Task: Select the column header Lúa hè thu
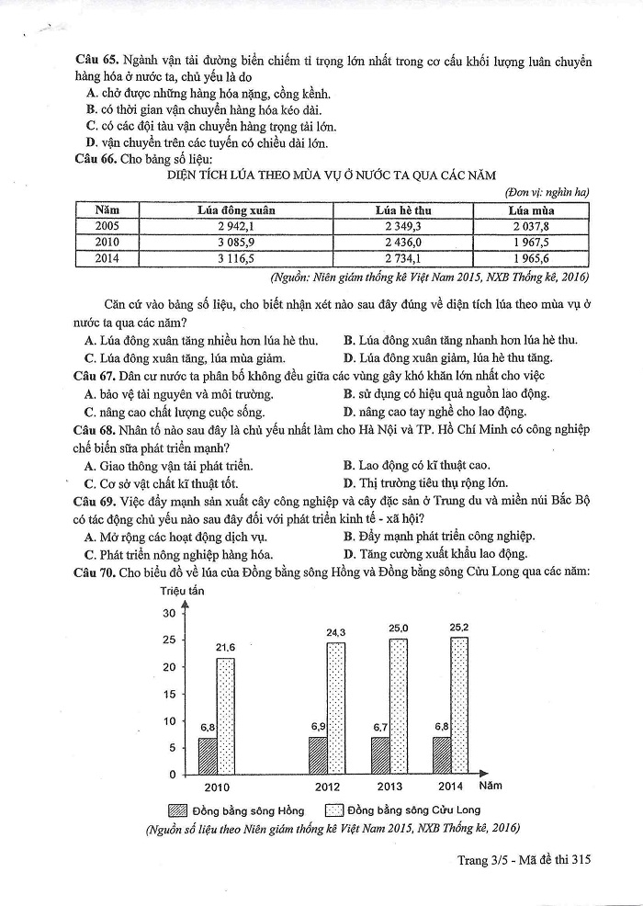(x=403, y=210)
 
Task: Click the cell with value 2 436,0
(x=403, y=242)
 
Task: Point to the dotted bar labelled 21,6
(x=225, y=716)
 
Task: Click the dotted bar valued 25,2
(x=459, y=706)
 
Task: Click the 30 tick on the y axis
(x=167, y=613)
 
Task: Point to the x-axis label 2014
(x=450, y=787)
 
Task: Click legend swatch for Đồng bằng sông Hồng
(x=177, y=810)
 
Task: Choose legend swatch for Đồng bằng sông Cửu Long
(x=333, y=810)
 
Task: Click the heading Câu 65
(x=95, y=61)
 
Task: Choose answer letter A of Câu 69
(x=89, y=537)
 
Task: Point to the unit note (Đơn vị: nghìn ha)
(x=547, y=192)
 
